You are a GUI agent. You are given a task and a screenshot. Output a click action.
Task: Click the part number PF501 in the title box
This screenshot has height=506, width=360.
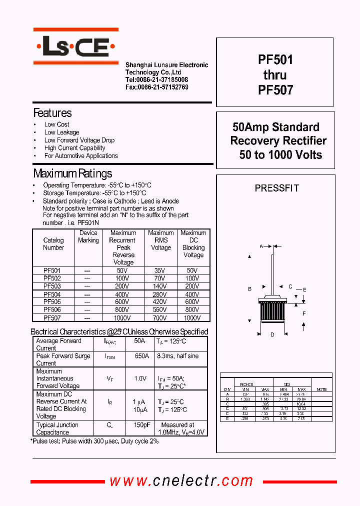coord(275,60)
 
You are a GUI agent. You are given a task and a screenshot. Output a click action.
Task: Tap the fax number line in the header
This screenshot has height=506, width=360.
coord(156,87)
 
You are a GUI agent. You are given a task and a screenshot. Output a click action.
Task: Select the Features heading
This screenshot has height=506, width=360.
coord(52,113)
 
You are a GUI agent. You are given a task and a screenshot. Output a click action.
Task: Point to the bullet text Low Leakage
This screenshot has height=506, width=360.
coord(61,132)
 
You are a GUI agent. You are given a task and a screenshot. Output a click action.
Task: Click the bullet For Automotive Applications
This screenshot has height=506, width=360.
coord(81,156)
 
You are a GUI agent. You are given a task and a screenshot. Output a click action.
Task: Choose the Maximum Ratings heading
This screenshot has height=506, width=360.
coord(72,174)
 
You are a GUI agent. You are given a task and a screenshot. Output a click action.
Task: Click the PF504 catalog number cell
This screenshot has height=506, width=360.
coord(52,294)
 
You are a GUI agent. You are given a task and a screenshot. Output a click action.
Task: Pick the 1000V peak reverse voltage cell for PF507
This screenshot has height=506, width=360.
coord(122,317)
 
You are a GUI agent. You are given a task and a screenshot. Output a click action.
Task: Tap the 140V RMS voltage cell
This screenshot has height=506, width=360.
coord(160,286)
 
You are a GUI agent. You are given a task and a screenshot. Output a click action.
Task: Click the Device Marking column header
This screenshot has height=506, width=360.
coord(88,236)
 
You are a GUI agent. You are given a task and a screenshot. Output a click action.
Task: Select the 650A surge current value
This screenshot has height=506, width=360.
coord(141,356)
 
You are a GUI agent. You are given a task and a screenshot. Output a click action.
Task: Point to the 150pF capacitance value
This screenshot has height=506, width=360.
coord(141,424)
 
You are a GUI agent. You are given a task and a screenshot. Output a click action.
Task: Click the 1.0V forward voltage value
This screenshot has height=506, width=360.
coord(140,378)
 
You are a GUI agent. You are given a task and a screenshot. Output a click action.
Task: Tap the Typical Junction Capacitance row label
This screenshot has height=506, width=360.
coord(57,428)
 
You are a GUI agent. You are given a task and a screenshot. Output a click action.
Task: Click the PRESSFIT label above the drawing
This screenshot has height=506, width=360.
coord(276,188)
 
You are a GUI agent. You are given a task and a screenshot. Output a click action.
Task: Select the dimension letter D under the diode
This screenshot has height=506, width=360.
coord(272,334)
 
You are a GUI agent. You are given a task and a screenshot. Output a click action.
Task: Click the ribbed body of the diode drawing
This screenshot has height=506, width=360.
coord(272,315)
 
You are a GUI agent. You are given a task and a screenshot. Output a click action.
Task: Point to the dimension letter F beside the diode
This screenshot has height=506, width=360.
coord(304,313)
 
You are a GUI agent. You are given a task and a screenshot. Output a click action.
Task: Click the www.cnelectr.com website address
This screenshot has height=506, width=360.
coord(181,481)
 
